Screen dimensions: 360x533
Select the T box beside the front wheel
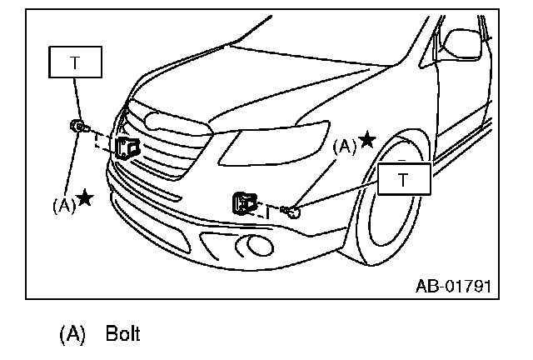pos(404,178)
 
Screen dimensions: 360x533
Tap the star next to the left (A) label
pos(86,198)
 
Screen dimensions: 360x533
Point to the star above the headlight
pos(366,138)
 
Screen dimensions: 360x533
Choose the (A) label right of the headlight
pos(345,145)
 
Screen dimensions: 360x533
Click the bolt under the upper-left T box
pos(78,127)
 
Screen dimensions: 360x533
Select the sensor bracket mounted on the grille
pos(127,148)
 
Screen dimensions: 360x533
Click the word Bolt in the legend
pos(123,335)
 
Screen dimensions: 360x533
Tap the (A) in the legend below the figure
pos(72,335)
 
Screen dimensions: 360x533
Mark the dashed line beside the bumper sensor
pos(271,208)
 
